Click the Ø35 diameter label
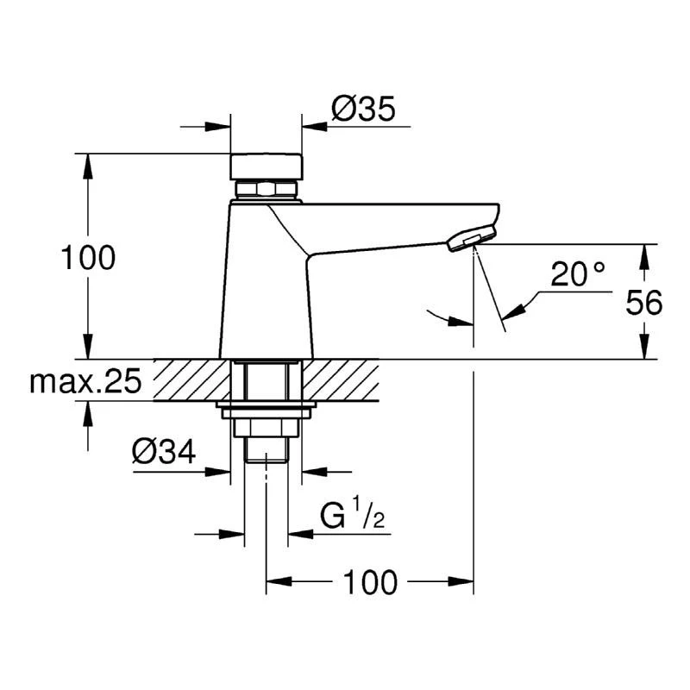tap(362, 109)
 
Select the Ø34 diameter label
tap(164, 451)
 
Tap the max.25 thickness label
tap(85, 381)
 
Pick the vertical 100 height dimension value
tap(87, 257)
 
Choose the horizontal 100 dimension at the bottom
tap(371, 583)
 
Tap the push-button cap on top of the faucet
tap(267, 165)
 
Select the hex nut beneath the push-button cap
tap(267, 190)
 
